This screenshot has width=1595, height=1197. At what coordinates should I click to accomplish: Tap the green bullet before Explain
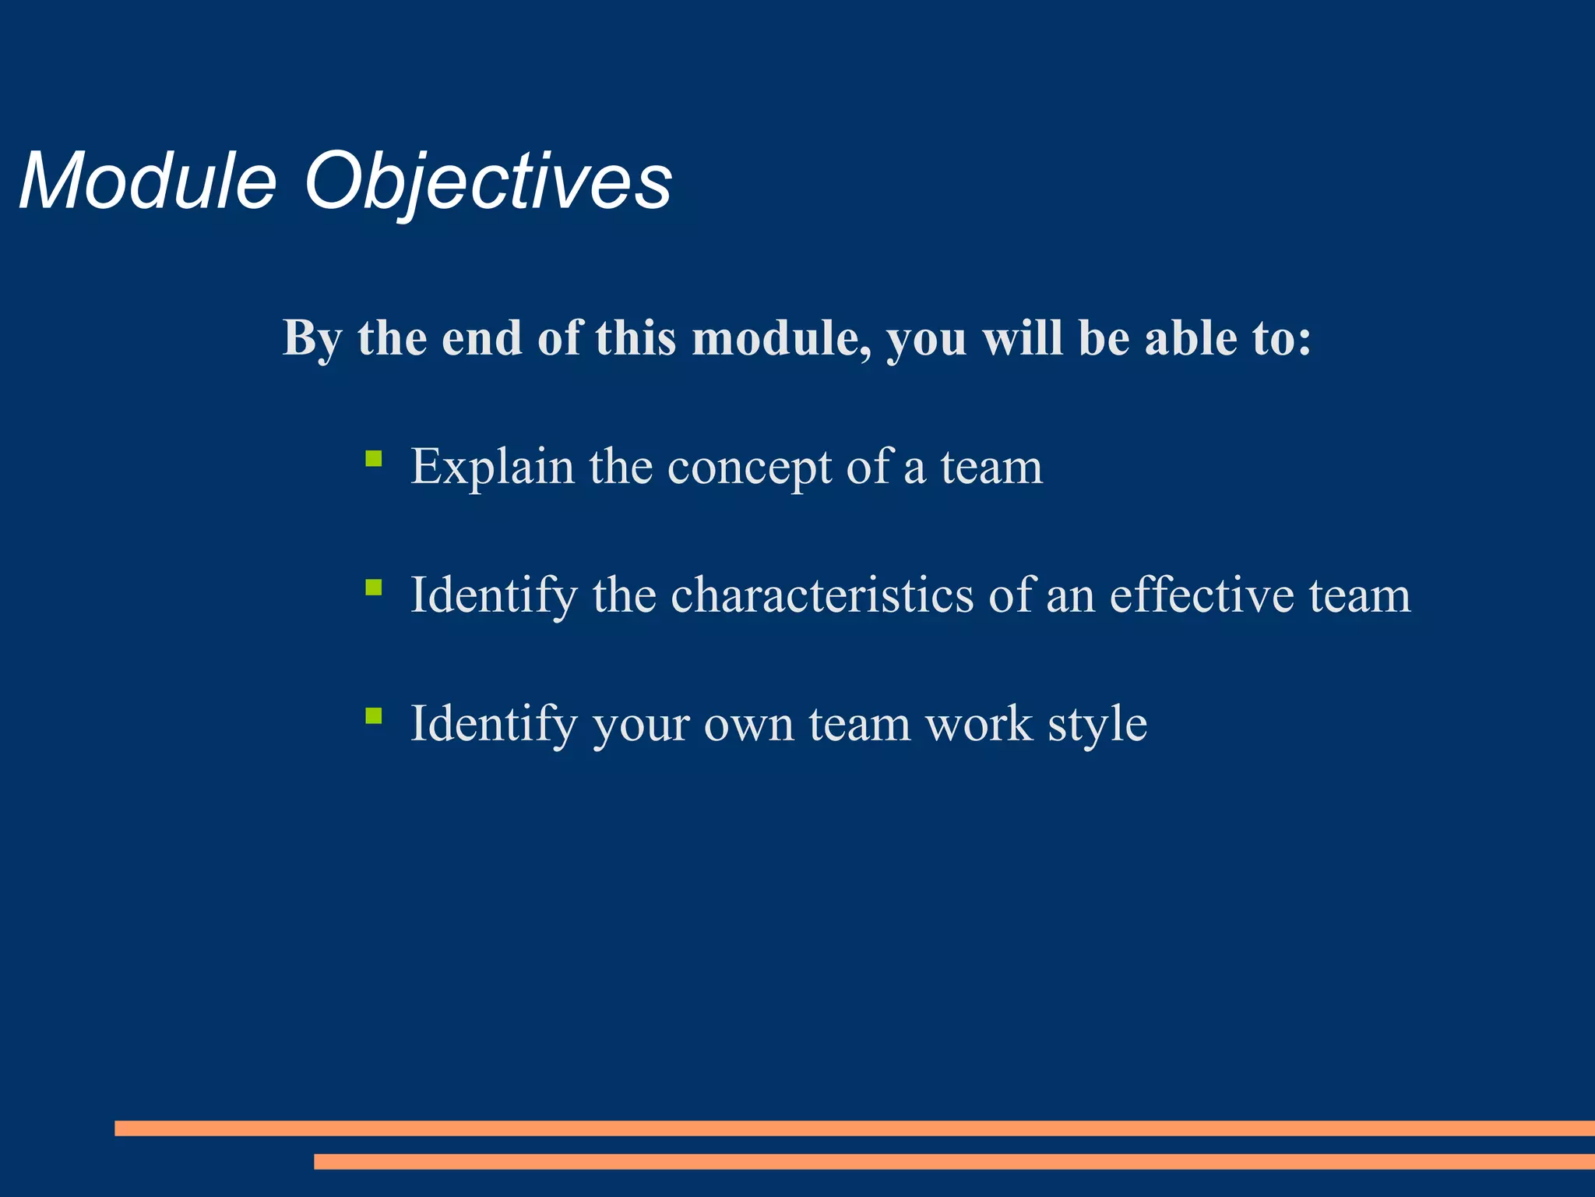374,459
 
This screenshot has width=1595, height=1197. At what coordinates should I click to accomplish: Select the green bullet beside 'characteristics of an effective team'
374,588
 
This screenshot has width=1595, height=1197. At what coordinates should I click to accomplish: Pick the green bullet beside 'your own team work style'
374,715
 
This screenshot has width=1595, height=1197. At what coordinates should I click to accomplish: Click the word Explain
492,468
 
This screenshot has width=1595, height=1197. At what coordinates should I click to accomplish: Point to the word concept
749,468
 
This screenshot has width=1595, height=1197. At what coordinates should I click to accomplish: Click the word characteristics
822,595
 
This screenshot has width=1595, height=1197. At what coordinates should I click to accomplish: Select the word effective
1202,595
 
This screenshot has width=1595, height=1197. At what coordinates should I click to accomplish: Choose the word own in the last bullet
748,725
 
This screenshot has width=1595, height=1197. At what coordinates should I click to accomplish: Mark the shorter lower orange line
954,1161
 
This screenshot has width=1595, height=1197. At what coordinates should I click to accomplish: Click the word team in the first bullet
991,468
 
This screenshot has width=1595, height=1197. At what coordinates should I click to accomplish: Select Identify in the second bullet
494,596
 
